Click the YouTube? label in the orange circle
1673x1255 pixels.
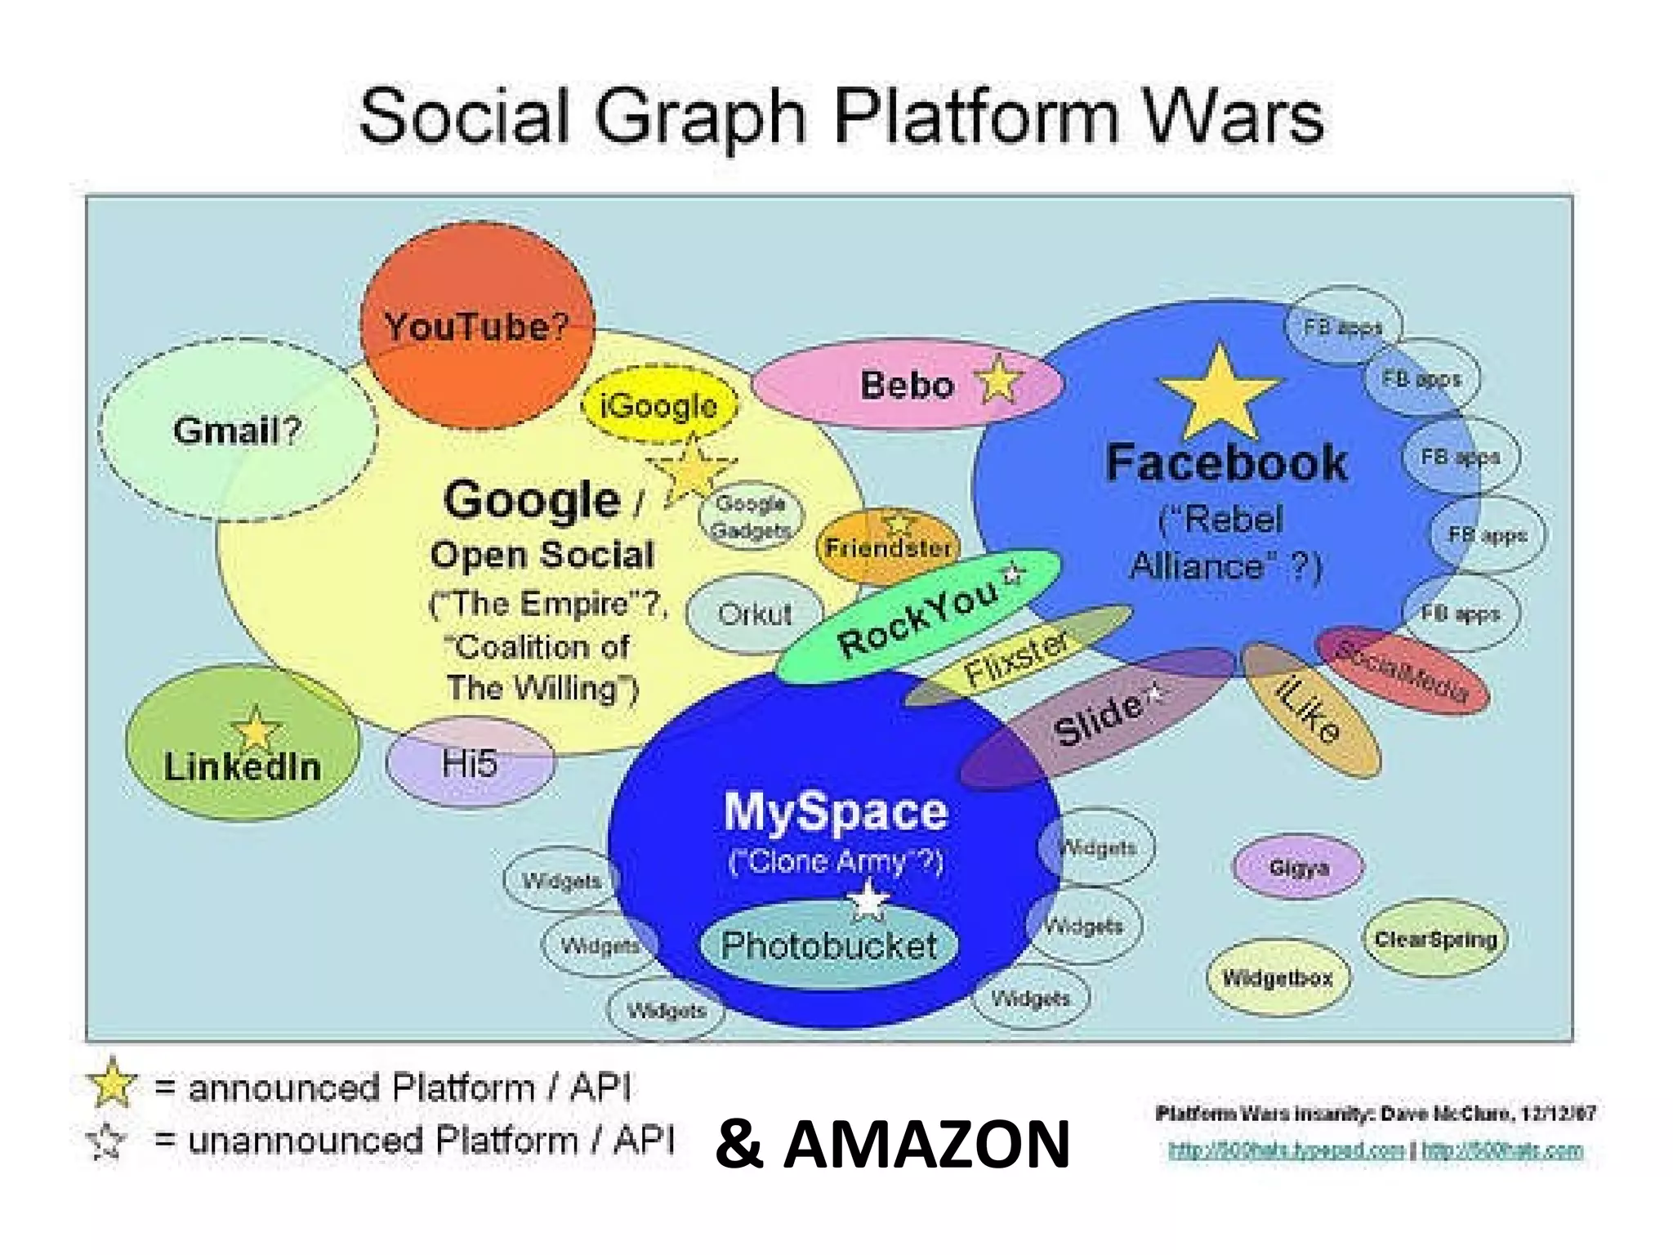pyautogui.click(x=476, y=327)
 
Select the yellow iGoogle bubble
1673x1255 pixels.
pyautogui.click(x=658, y=405)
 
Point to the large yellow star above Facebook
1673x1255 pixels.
pyautogui.click(x=1219, y=394)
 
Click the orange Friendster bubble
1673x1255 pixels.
pyautogui.click(x=887, y=547)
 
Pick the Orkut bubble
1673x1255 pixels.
pyautogui.click(x=754, y=614)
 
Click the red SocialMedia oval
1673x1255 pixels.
pyautogui.click(x=1403, y=670)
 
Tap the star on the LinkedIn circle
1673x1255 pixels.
pyautogui.click(x=256, y=729)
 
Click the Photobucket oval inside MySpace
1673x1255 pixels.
pyautogui.click(x=828, y=945)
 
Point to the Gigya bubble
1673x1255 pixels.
pyautogui.click(x=1298, y=867)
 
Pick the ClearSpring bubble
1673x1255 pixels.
pyautogui.click(x=1435, y=939)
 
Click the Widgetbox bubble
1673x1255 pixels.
pyautogui.click(x=1278, y=978)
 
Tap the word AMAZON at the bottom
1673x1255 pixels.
pyautogui.click(x=926, y=1145)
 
